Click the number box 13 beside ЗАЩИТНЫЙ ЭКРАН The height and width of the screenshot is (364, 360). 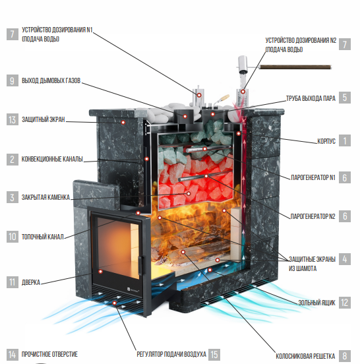(x=13, y=119)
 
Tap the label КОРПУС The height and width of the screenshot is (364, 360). (x=326, y=141)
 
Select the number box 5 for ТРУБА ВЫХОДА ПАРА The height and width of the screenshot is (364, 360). (x=345, y=98)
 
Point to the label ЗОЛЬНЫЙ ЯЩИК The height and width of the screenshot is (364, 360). (x=317, y=303)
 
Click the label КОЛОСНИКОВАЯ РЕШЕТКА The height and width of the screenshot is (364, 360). (x=305, y=356)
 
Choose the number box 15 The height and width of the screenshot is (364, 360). (x=214, y=355)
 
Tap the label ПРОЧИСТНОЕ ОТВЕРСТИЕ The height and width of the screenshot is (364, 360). (x=49, y=354)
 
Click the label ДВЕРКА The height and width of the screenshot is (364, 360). (x=31, y=282)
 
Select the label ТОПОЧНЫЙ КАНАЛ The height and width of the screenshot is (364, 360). (x=42, y=237)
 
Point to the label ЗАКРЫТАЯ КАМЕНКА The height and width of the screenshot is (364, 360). (x=45, y=197)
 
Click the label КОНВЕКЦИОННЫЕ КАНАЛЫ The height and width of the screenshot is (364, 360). (x=52, y=159)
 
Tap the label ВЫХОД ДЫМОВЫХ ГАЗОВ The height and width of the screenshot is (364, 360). (x=51, y=80)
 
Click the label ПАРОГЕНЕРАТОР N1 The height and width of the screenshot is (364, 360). (x=313, y=177)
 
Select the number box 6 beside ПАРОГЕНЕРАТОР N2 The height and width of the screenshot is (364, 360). (x=345, y=216)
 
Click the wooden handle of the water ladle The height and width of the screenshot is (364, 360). (x=295, y=67)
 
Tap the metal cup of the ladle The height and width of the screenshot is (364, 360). (x=243, y=64)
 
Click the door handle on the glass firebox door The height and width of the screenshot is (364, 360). (x=140, y=265)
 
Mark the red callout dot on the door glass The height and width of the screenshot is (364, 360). (x=100, y=272)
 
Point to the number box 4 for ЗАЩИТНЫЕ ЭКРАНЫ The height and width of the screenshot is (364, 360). (x=345, y=259)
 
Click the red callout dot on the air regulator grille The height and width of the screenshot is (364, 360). (x=114, y=303)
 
